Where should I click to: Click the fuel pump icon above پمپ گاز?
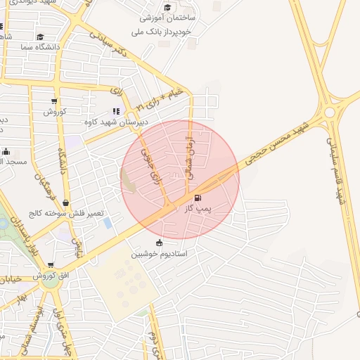point(196,198)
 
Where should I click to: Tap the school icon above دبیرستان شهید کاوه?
point(116,111)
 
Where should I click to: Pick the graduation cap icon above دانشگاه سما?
point(40,37)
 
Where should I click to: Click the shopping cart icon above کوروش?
point(53,102)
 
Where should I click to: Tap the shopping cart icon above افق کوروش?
point(50,266)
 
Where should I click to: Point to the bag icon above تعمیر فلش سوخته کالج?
point(65,203)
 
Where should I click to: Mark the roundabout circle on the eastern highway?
point(329,112)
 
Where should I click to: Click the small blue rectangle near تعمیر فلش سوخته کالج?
point(107,224)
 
